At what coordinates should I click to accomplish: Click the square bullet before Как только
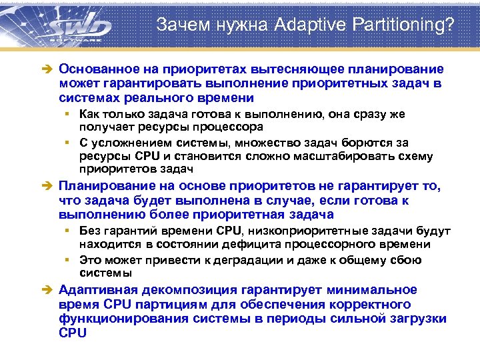point(68,114)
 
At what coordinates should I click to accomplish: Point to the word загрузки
point(417,319)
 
